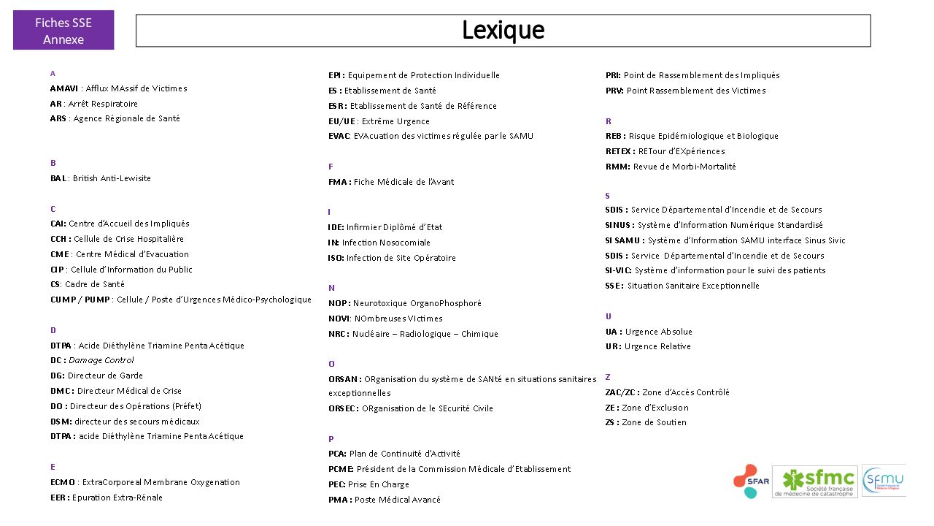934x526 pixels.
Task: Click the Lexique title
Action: (x=503, y=31)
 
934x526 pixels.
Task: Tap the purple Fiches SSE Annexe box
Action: (x=63, y=31)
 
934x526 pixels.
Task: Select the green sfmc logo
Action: (x=816, y=481)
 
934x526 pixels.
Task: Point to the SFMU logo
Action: (x=884, y=481)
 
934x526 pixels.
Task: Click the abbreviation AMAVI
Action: (x=64, y=88)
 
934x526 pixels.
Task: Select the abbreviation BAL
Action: (x=58, y=178)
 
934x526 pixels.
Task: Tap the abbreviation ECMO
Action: (x=63, y=482)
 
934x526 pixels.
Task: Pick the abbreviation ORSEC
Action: (x=343, y=408)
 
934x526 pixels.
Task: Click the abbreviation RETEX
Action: (x=620, y=151)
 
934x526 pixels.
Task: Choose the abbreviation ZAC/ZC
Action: (x=622, y=392)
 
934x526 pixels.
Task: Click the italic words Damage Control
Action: (x=101, y=360)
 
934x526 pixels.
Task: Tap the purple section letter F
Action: (x=331, y=167)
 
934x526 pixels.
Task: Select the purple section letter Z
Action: (x=608, y=377)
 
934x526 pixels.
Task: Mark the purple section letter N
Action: (x=331, y=288)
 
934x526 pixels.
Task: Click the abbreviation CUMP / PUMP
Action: (x=80, y=300)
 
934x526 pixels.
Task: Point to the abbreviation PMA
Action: (x=339, y=500)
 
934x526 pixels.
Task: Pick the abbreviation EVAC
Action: (x=339, y=136)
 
